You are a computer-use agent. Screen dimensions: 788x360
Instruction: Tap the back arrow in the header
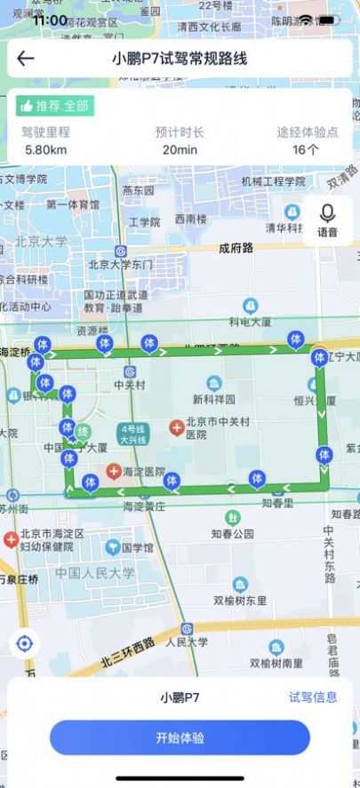26,60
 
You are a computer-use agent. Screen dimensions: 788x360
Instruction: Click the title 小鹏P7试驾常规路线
180,60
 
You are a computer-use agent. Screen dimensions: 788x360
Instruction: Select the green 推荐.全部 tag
55,106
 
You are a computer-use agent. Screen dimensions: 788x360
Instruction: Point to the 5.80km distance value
45,149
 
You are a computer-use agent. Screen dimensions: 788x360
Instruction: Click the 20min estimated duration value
180,149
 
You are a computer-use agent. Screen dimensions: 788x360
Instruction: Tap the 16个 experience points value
306,149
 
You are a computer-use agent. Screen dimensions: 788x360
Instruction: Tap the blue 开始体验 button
180,737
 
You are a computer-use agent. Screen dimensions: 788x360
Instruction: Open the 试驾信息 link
313,697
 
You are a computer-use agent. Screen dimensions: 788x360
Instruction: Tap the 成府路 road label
236,249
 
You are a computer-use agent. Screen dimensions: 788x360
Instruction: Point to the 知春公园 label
233,534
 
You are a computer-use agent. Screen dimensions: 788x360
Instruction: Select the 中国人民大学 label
95,573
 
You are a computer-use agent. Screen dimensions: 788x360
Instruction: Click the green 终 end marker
83,432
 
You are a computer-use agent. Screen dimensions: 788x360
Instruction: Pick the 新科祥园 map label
214,399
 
